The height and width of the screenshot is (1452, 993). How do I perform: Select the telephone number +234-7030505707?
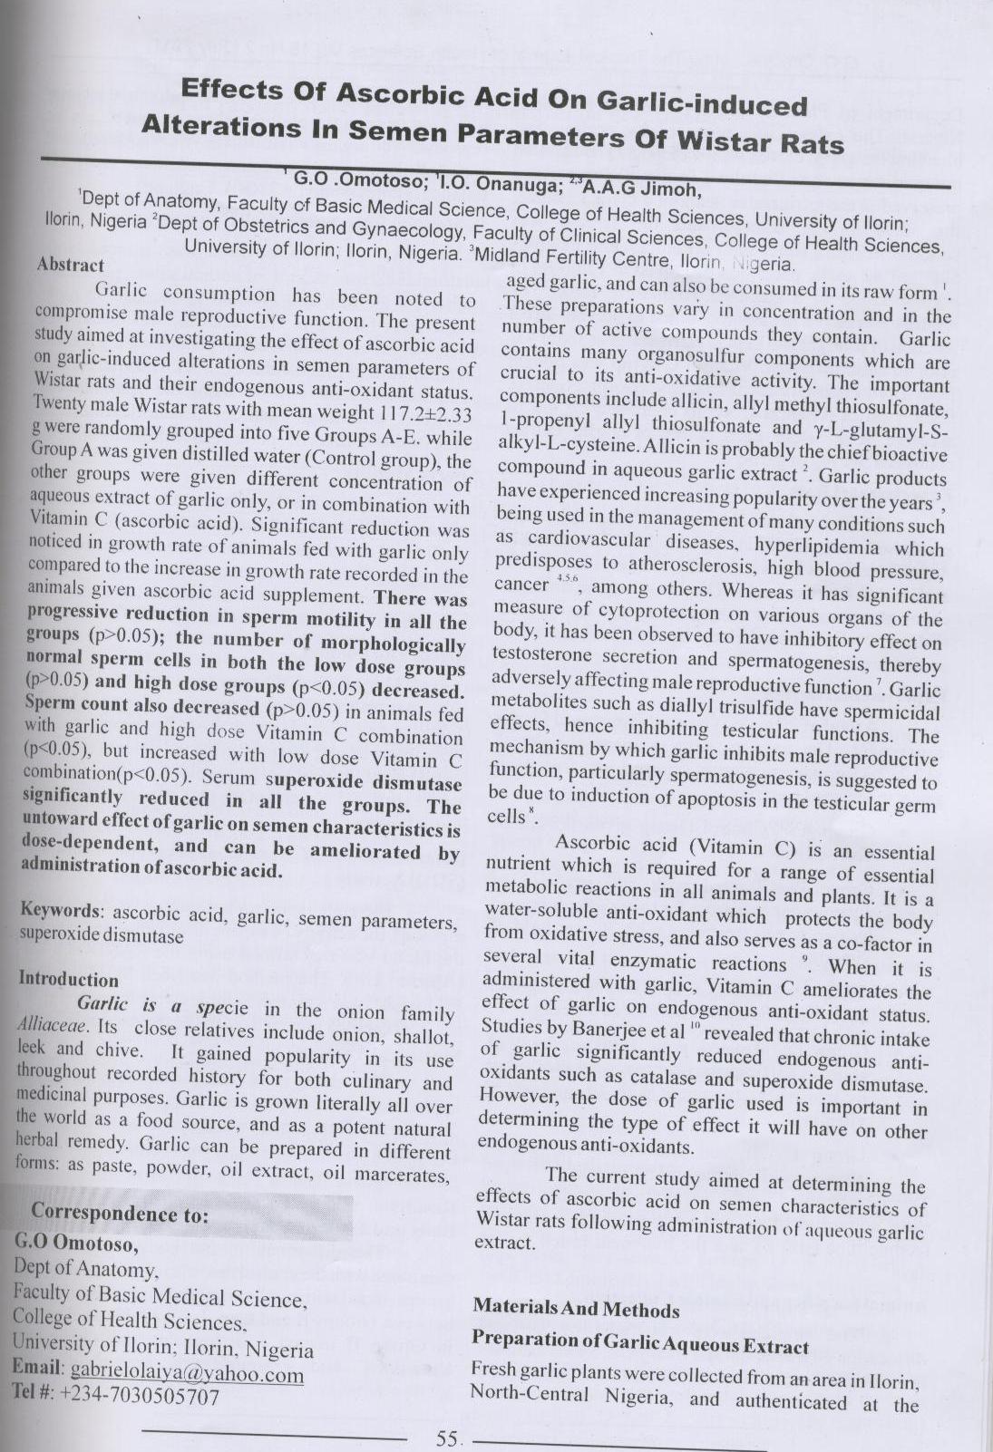tap(140, 1397)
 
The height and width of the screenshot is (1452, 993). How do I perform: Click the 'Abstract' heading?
tap(70, 265)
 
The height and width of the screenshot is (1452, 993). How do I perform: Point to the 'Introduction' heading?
tap(68, 980)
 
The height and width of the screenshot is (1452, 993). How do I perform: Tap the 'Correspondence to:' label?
tap(120, 1213)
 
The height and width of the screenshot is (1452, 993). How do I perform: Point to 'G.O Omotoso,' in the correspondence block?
tap(77, 1242)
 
